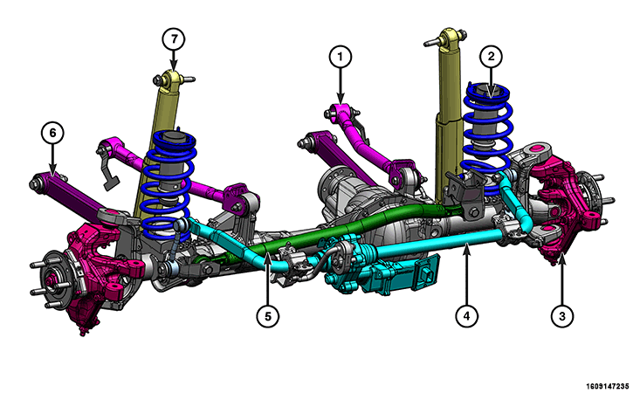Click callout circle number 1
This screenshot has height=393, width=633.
[x=340, y=57]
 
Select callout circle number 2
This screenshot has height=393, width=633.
[x=491, y=57]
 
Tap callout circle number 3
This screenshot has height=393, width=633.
[x=562, y=315]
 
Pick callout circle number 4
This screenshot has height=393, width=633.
[x=467, y=315]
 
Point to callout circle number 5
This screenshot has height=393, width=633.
[x=268, y=315]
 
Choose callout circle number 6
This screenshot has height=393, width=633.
[x=52, y=133]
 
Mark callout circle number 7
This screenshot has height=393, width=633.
[x=174, y=39]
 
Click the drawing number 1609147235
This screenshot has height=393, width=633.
[x=608, y=386]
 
